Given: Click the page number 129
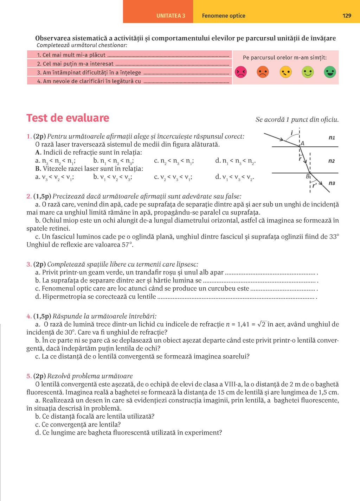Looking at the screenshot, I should (x=347, y=16).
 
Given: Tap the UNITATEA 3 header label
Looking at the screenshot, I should (x=171, y=16).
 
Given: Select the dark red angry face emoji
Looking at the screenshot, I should (x=241, y=72).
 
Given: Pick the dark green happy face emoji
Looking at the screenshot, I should (x=330, y=72).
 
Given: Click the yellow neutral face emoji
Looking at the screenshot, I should (x=285, y=72).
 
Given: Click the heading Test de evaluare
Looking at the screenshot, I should (x=68, y=118).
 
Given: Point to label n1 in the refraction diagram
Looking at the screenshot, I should (x=332, y=138).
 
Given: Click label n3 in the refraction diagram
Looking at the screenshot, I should (x=332, y=183).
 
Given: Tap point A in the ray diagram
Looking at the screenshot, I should (x=302, y=143).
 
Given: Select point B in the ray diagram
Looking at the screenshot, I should (x=308, y=176).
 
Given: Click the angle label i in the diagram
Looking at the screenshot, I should (x=292, y=133).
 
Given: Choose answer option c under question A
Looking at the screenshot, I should (x=174, y=161).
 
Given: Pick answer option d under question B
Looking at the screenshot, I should (x=234, y=177).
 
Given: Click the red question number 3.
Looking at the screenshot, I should (x=29, y=264).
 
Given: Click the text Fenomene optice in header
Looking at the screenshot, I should (x=224, y=16).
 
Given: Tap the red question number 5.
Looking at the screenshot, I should (x=29, y=376).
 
